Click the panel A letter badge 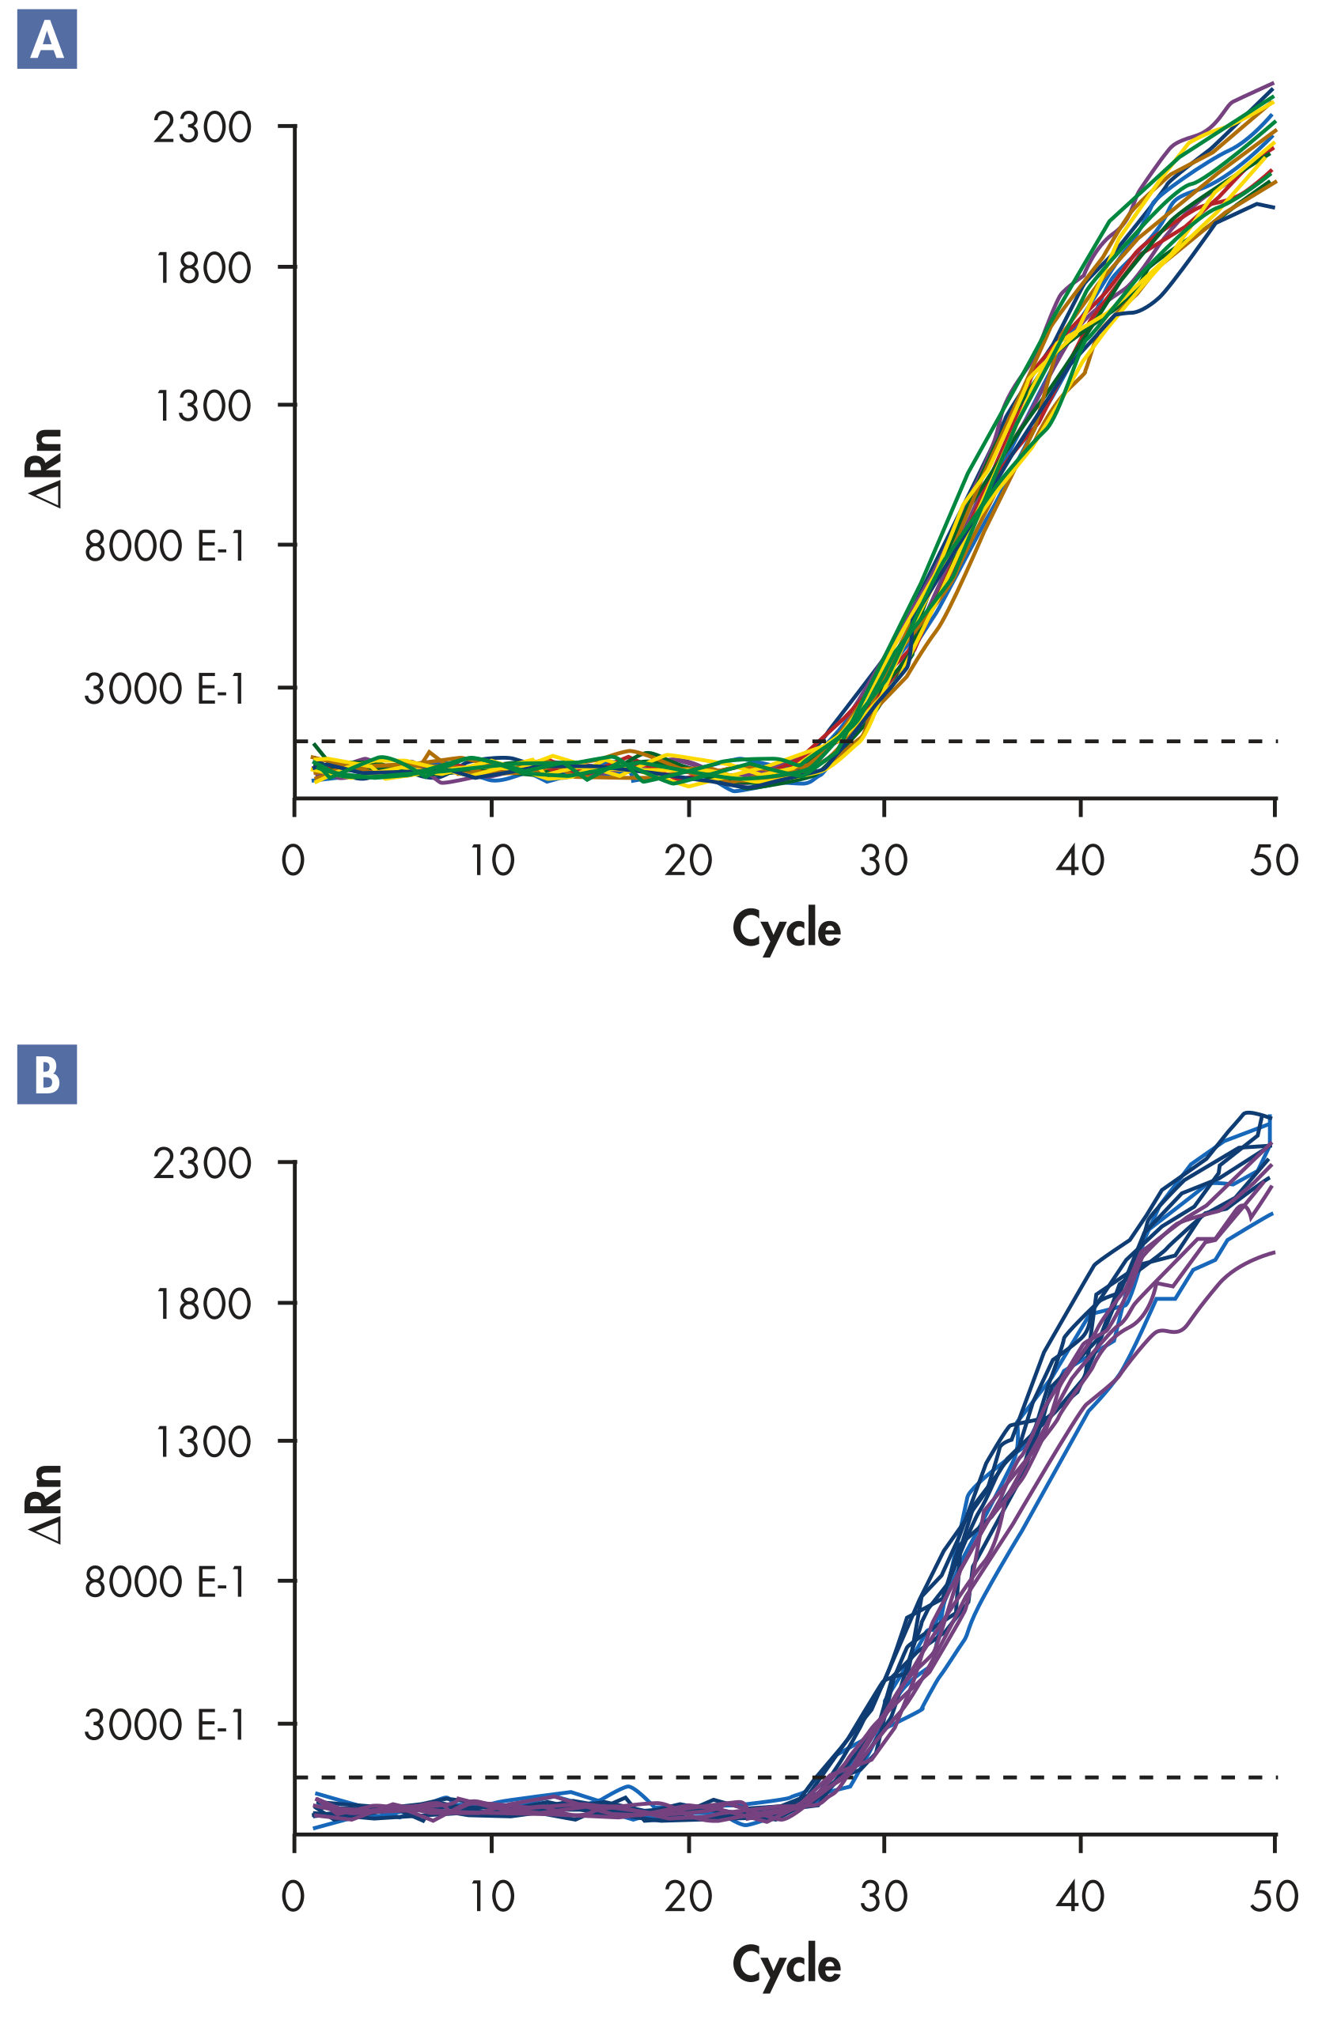coord(47,39)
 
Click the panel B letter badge coord(47,1075)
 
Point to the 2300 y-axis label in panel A coord(202,128)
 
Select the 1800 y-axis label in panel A coord(202,269)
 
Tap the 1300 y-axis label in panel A coord(202,406)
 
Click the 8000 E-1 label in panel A coord(165,546)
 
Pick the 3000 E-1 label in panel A coord(165,689)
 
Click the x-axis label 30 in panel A coord(883,862)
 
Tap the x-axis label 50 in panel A coord(1274,862)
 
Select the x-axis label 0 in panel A coord(294,862)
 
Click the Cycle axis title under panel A coord(786,930)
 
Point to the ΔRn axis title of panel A coord(47,469)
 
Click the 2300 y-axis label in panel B coord(202,1163)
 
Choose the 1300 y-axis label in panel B coord(202,1442)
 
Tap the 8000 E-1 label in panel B coord(165,1583)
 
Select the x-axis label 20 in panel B coord(688,1897)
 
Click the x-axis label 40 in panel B coord(1080,1897)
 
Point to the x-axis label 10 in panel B coord(492,1897)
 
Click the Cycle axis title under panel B coord(786,1965)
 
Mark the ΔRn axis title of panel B coord(47,1505)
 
